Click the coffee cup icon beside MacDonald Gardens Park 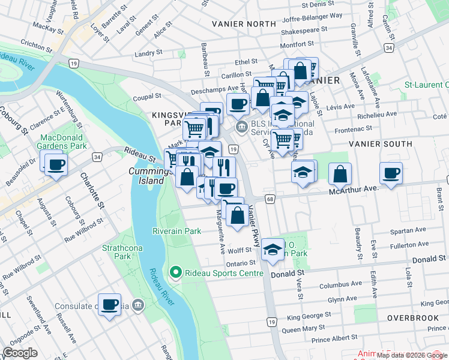click(x=56, y=164)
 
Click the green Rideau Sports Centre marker click(x=176, y=273)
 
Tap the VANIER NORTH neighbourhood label click(x=244, y=23)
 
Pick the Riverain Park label click(x=176, y=230)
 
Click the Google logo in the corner click(x=20, y=353)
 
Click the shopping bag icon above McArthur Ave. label click(x=340, y=173)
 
